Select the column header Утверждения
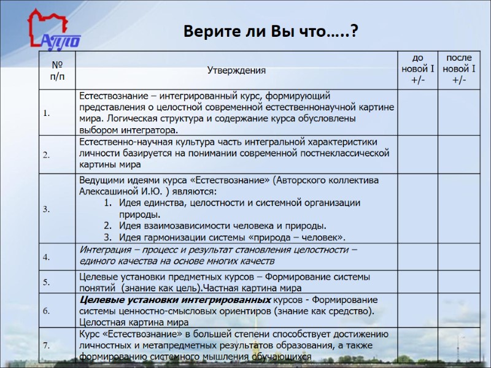236,70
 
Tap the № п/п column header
56,70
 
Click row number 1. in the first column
47,113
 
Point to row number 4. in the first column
47,256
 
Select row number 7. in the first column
47,345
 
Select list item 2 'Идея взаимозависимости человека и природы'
221,226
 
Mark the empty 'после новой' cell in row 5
459,282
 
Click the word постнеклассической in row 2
347,153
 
